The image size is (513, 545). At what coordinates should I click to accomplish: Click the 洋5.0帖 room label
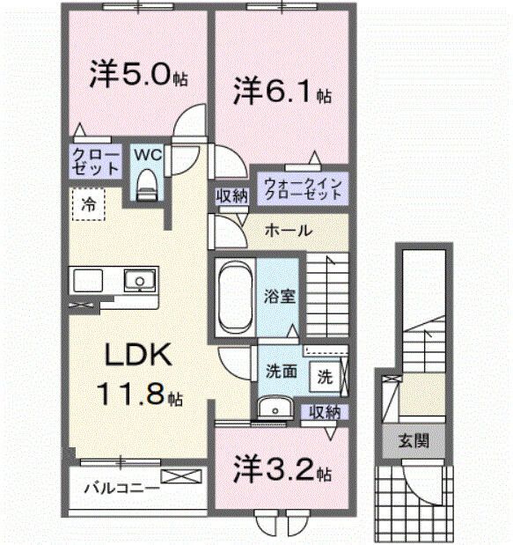(136, 76)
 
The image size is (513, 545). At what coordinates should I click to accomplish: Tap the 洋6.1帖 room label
(281, 91)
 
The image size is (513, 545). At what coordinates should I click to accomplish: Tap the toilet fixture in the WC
(147, 184)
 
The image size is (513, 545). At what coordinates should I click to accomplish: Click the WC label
(147, 154)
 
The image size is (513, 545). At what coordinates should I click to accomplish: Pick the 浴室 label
(282, 296)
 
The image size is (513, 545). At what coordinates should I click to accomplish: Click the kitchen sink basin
(137, 282)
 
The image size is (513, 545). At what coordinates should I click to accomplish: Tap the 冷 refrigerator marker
(88, 203)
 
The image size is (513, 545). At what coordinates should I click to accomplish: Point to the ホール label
(287, 231)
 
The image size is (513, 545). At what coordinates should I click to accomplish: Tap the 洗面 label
(280, 373)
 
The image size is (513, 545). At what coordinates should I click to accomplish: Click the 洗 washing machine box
(325, 377)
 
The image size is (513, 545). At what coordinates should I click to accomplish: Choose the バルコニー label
(121, 486)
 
